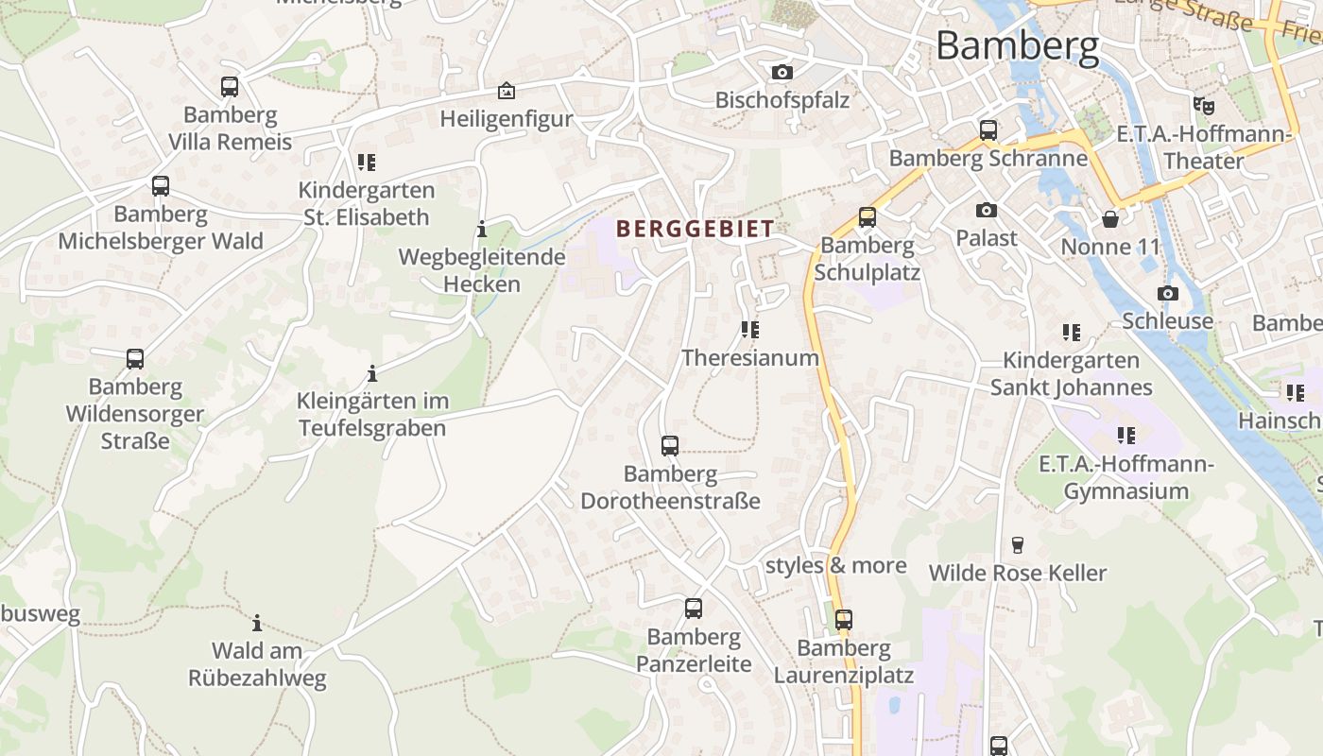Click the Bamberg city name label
tap(1018, 45)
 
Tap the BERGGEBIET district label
tap(695, 228)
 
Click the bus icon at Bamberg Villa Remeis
tap(230, 87)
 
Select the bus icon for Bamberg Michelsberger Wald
tap(161, 185)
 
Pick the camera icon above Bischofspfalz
tap(782, 72)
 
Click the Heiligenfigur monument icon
tap(507, 91)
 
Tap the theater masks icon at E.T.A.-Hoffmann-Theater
tap(1203, 105)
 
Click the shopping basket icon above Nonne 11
tap(1109, 219)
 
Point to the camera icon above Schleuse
tap(1168, 293)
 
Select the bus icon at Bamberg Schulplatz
tap(867, 217)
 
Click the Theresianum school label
tap(750, 357)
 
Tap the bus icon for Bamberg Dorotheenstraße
tap(670, 445)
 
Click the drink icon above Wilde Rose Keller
tap(1017, 544)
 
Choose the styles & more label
tap(835, 565)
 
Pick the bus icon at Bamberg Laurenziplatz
tap(844, 620)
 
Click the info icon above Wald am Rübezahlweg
tap(257, 623)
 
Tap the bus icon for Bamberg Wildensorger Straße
tap(135, 359)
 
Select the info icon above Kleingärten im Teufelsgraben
tap(372, 373)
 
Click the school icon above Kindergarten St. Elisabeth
tap(367, 162)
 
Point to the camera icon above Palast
tap(987, 210)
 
